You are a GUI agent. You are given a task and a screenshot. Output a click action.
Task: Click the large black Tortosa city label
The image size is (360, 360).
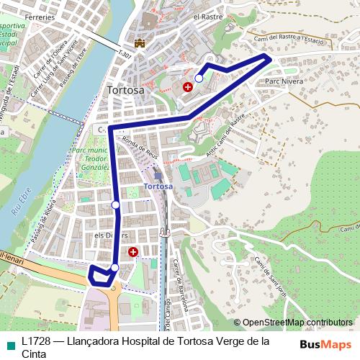[x=125, y=91]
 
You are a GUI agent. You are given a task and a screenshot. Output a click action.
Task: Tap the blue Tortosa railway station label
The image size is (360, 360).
[x=158, y=186]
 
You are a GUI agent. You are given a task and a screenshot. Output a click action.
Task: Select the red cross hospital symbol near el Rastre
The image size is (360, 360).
[x=188, y=86]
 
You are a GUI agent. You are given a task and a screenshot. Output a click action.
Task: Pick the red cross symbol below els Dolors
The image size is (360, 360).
[x=133, y=252]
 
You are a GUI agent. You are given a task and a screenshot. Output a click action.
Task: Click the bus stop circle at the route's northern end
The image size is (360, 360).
[x=199, y=78]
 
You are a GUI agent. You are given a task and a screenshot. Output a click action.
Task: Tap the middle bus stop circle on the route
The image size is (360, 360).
[x=116, y=206]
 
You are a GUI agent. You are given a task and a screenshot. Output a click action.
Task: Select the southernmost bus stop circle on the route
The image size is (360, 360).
[x=114, y=268]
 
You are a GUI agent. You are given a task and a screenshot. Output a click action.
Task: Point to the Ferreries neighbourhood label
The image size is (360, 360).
[x=40, y=16]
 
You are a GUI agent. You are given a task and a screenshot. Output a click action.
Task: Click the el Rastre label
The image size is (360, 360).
[x=208, y=16]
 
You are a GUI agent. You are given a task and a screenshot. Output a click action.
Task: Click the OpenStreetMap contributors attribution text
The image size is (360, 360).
[x=293, y=323]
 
